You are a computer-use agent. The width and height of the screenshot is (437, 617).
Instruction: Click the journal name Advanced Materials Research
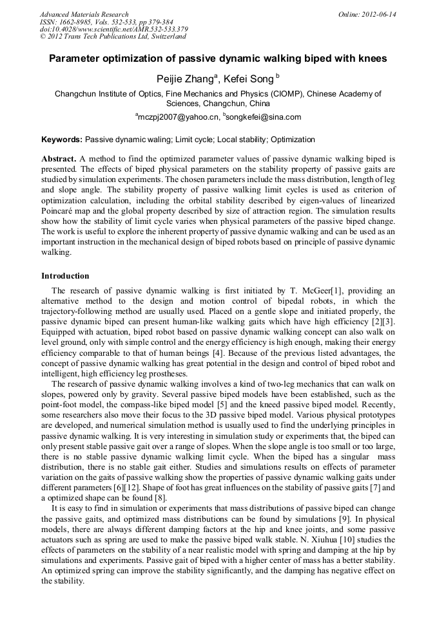pos(84,14)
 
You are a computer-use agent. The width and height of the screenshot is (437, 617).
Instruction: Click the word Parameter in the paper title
pos(74,59)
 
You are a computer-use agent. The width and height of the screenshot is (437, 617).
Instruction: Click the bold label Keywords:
pos(62,139)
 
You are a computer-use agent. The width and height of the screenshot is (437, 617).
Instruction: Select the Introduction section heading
pos(66,275)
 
